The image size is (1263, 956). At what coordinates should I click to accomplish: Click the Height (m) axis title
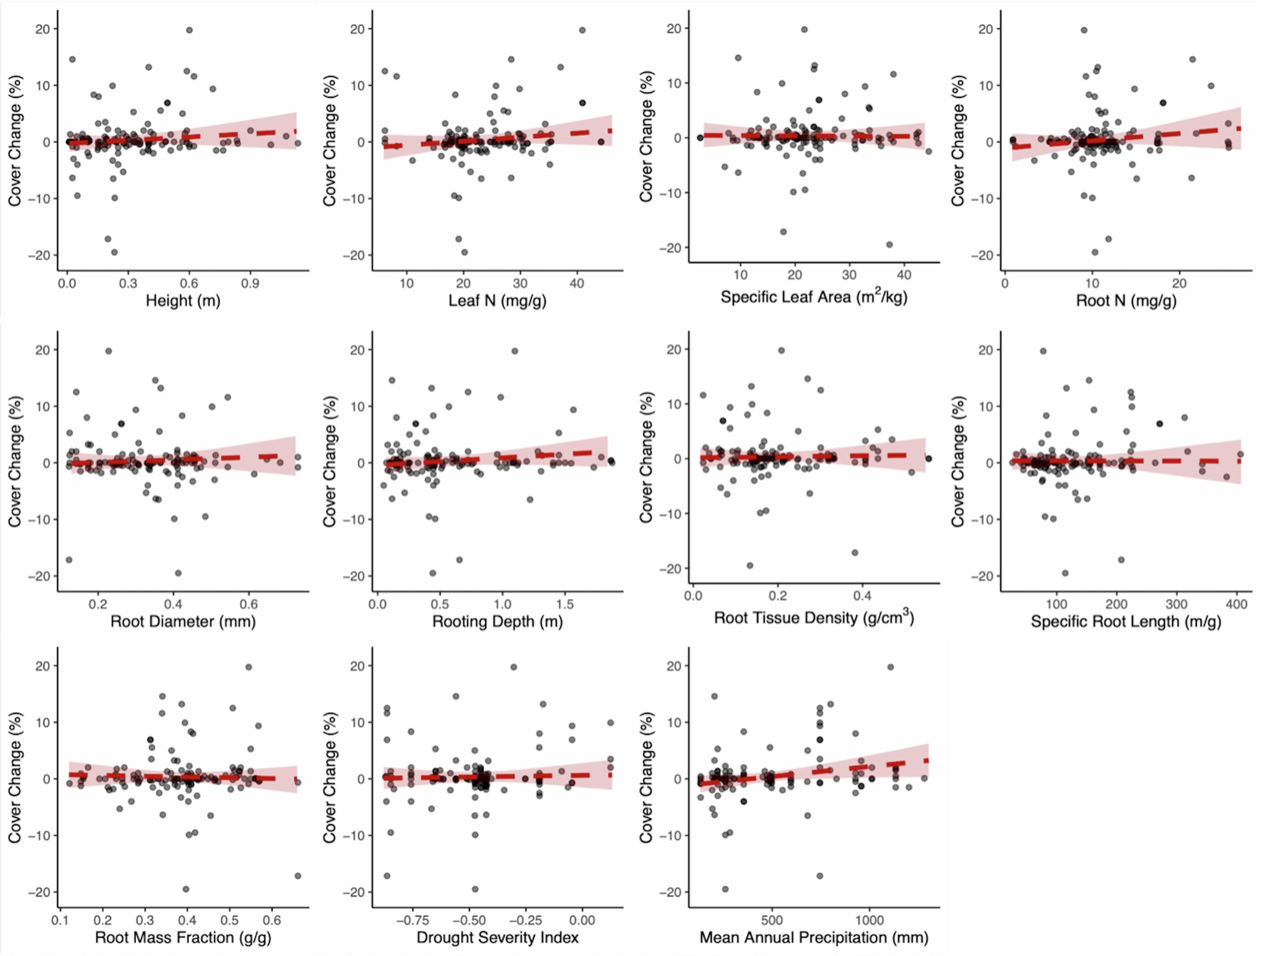tap(183, 301)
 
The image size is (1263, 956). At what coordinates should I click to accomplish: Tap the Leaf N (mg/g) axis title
tap(497, 301)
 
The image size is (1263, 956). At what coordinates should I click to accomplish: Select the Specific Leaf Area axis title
tap(814, 297)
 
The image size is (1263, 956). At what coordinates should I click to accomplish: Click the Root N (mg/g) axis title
tap(1126, 301)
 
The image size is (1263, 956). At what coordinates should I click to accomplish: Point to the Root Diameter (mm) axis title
tap(183, 622)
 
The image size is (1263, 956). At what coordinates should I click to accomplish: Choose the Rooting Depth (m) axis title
tap(497, 622)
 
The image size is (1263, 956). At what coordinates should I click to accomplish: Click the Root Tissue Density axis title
tap(814, 617)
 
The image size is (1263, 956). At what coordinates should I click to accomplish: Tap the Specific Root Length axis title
tap(1126, 622)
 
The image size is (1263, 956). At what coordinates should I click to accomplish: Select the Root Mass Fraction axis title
tap(183, 938)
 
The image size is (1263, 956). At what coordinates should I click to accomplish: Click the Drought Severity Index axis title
tap(497, 938)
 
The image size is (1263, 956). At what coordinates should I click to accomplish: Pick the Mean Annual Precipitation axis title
tap(814, 938)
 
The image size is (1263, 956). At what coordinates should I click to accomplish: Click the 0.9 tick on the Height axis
tap(250, 283)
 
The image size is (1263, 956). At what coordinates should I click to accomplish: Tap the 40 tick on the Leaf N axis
tap(577, 283)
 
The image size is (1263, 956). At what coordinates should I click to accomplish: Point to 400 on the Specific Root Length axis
tap(1236, 604)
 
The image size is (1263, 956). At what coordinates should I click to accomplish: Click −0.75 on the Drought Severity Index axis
tap(412, 920)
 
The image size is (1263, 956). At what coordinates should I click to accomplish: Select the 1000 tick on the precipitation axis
tap(870, 920)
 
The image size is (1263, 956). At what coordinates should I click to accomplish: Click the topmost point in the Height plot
tap(189, 30)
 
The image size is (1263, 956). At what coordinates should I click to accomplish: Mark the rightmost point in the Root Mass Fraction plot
tap(298, 876)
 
